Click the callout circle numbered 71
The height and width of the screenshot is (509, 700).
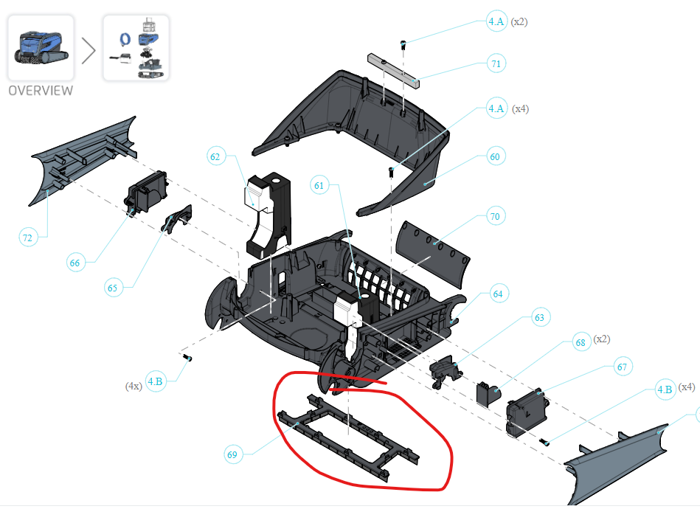point(496,63)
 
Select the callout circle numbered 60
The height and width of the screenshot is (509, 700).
point(494,156)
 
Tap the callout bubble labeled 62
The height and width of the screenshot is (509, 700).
point(215,156)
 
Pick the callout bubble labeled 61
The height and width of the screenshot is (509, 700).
point(319,186)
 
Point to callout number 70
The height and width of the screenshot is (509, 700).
point(494,217)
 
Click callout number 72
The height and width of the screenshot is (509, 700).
point(27,237)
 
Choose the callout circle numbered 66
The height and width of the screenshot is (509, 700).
point(74,262)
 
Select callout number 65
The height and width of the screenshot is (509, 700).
point(112,288)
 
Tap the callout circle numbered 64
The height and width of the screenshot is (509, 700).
point(498,294)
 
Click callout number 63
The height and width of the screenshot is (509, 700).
point(539,318)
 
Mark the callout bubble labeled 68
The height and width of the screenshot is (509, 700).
point(581,342)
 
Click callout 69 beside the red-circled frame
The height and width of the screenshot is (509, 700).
point(232,454)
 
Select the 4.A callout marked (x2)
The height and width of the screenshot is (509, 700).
point(496,22)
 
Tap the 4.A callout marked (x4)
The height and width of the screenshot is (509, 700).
point(497,108)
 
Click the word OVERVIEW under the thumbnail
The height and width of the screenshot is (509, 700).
point(41,91)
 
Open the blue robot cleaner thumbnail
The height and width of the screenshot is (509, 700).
point(41,47)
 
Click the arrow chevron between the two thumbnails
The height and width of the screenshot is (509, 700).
point(88,49)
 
